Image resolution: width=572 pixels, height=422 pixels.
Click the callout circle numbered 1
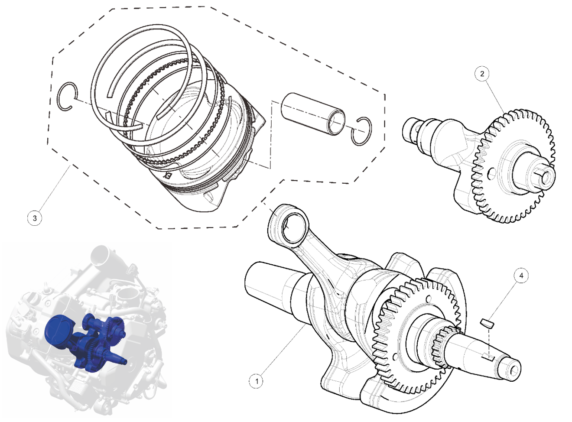(x=257, y=381)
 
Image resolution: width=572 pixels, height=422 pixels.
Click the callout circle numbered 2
(x=482, y=74)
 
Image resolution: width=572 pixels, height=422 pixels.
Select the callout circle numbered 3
(x=35, y=217)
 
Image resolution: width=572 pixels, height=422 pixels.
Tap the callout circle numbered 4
(x=521, y=276)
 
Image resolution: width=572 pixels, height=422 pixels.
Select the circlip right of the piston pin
(x=361, y=131)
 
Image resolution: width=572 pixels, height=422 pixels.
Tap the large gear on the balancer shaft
(x=513, y=167)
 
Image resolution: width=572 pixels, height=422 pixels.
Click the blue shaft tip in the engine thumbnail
(x=123, y=361)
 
